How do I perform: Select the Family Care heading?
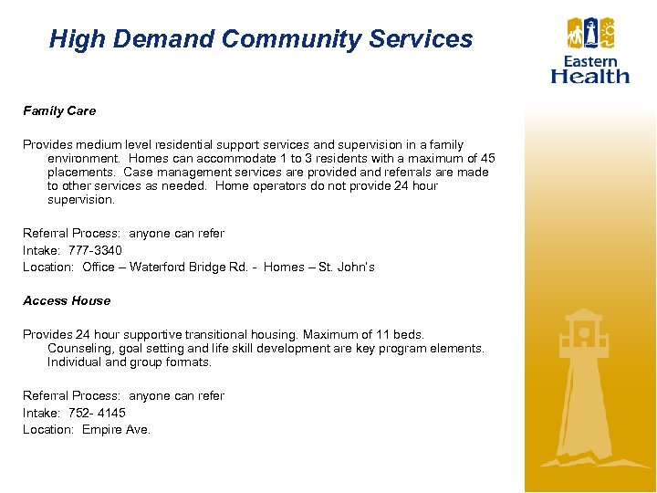[x=59, y=111]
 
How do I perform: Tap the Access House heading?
[x=67, y=301]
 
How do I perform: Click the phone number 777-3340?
[x=95, y=250]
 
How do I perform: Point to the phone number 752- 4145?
[x=97, y=413]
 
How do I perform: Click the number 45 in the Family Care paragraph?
[x=487, y=159]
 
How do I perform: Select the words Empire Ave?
[x=116, y=430]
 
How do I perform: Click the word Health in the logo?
[x=590, y=76]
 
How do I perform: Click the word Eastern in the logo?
[x=590, y=61]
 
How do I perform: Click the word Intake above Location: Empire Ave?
[x=40, y=413]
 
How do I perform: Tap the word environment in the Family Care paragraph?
[x=83, y=159]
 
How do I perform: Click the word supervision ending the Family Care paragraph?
[x=80, y=200]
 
